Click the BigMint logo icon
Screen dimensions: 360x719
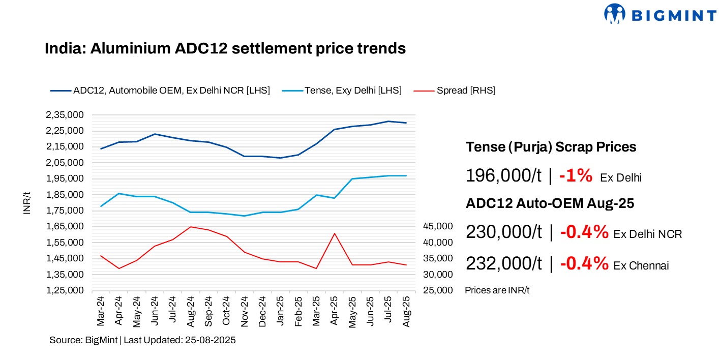click(614, 14)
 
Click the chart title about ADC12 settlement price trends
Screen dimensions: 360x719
click(225, 48)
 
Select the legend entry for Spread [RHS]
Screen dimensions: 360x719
click(465, 91)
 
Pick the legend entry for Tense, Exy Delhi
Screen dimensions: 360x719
click(353, 91)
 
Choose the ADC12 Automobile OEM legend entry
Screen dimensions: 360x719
click(171, 91)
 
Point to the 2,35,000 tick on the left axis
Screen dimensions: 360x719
click(65, 115)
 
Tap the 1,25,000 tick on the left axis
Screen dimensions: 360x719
click(65, 290)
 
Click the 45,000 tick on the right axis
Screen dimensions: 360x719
click(437, 226)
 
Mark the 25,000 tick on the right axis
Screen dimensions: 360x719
click(437, 290)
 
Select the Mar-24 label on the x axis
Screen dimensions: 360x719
click(101, 311)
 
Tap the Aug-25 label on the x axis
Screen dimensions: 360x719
click(406, 311)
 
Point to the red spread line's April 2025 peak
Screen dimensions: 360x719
click(334, 233)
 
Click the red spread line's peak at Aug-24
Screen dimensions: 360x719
click(190, 227)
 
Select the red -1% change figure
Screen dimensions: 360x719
click(576, 176)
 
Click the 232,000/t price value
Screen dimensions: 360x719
click(503, 263)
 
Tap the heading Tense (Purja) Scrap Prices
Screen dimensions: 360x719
click(551, 147)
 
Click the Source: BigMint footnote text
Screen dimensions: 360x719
click(142, 340)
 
